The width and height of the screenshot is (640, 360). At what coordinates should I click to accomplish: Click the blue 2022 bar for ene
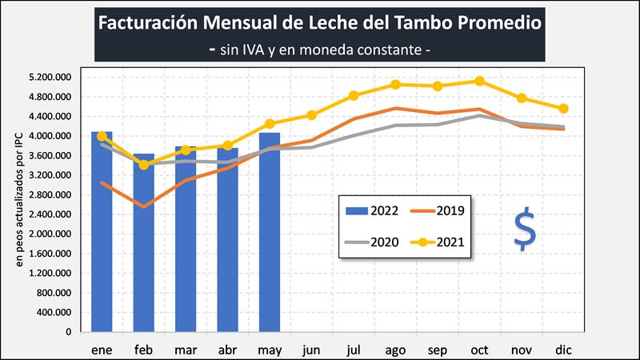pyautogui.click(x=102, y=232)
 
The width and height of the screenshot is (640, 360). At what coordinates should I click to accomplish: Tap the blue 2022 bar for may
pyautogui.click(x=270, y=232)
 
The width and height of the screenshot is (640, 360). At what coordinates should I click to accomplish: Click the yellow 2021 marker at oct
pyautogui.click(x=479, y=81)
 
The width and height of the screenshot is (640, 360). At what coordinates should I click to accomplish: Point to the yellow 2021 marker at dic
pyautogui.click(x=563, y=108)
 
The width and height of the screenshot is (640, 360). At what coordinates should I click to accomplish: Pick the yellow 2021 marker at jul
pyautogui.click(x=354, y=96)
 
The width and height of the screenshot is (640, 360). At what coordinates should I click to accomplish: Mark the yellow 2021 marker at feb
pyautogui.click(x=144, y=165)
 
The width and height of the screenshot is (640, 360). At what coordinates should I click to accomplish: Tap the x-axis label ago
pyautogui.click(x=395, y=350)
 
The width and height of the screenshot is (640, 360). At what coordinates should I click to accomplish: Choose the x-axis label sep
pyautogui.click(x=438, y=350)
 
